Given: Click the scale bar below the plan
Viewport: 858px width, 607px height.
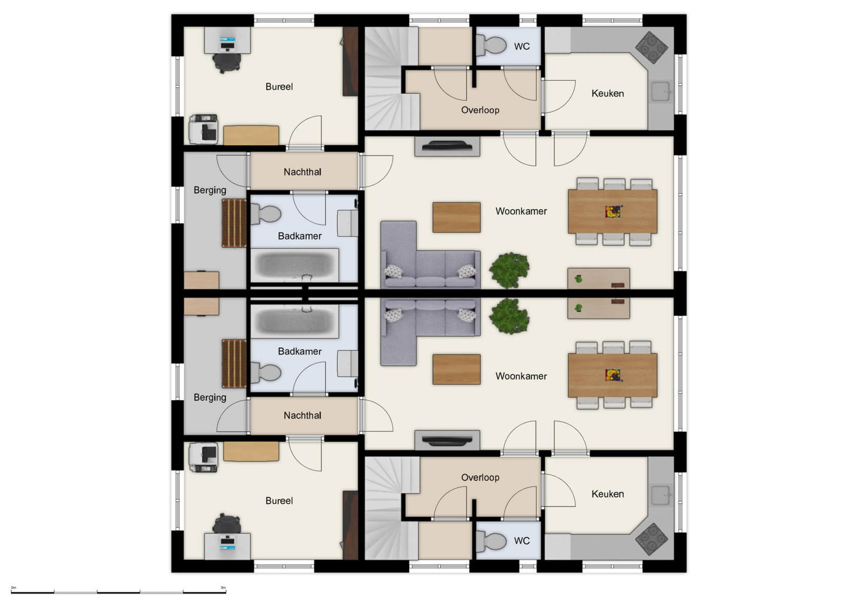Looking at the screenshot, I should pos(118,592).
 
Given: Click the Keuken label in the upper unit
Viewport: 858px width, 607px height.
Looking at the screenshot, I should pos(608,94).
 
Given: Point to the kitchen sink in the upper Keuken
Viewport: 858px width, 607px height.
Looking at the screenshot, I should pos(661,92).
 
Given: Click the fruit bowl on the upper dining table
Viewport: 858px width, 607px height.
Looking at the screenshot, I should pos(613,211).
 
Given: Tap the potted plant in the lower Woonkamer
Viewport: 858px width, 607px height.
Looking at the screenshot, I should pos(509,316).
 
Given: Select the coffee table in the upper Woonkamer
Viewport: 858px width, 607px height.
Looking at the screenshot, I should pos(456,218).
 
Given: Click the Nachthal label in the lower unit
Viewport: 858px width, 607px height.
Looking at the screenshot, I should pos(302,415).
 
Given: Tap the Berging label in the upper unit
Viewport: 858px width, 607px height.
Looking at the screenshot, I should pos(210,190).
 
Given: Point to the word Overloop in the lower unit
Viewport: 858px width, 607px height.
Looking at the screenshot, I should pos(480,478).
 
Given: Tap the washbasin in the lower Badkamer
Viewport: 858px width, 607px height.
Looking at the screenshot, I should pos(348,364).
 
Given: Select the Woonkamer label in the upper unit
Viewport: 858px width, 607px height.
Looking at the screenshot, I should pos(521,211).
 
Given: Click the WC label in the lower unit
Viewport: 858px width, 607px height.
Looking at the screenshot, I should pos(522,541).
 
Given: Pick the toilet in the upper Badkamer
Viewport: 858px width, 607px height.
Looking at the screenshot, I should pos(266,214).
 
